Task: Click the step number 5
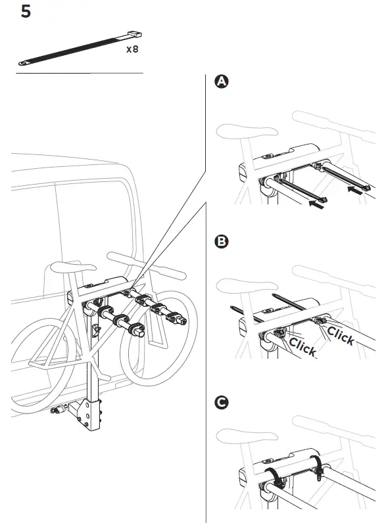click(x=26, y=12)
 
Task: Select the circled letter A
click(x=222, y=81)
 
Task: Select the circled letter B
click(x=222, y=242)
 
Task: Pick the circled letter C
click(x=222, y=403)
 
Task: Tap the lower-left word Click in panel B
click(x=302, y=347)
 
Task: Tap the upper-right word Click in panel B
click(x=341, y=335)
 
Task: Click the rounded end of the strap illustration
click(x=24, y=63)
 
